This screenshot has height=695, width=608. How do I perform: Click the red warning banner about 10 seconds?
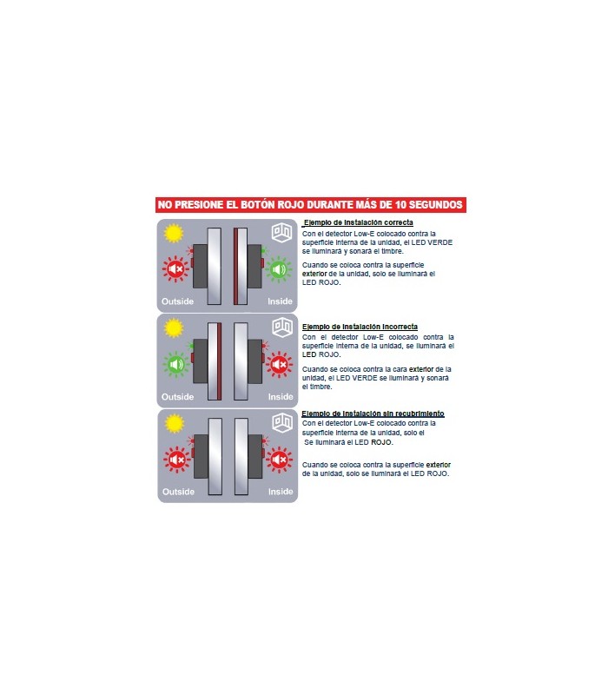[311, 205]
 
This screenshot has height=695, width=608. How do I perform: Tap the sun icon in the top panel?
[173, 233]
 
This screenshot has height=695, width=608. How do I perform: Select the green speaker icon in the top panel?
[279, 268]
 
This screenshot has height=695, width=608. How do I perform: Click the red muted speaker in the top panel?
[175, 268]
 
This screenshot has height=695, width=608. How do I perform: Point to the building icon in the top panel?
[281, 233]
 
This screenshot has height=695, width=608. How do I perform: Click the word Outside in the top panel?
[177, 301]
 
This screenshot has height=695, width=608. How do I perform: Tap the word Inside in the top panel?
[280, 301]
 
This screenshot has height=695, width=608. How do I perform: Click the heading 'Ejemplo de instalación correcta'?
[358, 222]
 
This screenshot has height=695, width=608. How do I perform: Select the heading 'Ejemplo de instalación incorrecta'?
[360, 327]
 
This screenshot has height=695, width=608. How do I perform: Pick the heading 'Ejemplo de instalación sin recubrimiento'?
[373, 414]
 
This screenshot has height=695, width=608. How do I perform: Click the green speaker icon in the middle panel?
[176, 364]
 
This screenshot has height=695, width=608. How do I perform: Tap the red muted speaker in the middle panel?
[279, 364]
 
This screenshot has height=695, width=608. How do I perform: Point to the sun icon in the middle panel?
[173, 328]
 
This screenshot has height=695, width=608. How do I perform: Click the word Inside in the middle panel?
[281, 397]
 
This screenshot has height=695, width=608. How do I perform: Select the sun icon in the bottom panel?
[175, 423]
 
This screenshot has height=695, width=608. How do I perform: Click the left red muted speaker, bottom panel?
[177, 460]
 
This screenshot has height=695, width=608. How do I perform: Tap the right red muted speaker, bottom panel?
[279, 460]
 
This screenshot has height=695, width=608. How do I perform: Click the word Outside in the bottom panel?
[178, 492]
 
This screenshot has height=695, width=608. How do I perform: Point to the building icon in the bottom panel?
[282, 422]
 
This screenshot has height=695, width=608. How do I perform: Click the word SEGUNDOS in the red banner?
[436, 205]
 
